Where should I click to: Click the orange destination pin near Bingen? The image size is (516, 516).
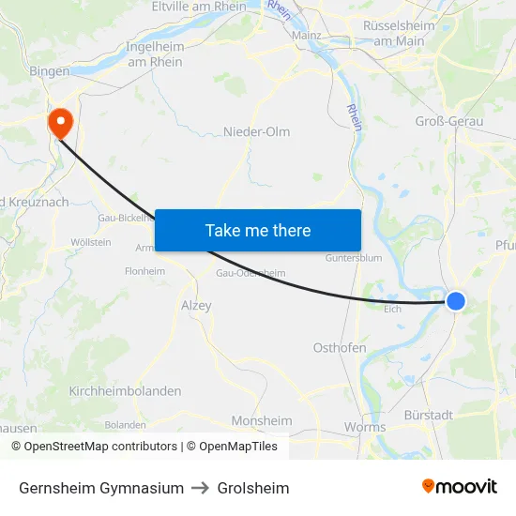pyautogui.click(x=60, y=122)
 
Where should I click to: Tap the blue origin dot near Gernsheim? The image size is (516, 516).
pyautogui.click(x=455, y=300)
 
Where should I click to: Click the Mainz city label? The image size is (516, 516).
pyautogui.click(x=306, y=36)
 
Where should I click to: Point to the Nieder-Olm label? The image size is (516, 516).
pyautogui.click(x=256, y=131)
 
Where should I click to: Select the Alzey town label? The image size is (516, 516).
pyautogui.click(x=196, y=305)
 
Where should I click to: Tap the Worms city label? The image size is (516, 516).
pyautogui.click(x=365, y=427)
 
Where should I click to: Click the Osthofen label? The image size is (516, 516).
pyautogui.click(x=340, y=347)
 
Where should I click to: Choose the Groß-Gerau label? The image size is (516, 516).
pyautogui.click(x=448, y=121)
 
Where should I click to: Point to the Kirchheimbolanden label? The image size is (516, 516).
pyautogui.click(x=125, y=390)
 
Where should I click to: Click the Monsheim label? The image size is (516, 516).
pyautogui.click(x=262, y=420)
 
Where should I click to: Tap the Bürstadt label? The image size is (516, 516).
pyautogui.click(x=428, y=414)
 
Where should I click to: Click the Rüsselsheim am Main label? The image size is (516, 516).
pyautogui.click(x=399, y=33)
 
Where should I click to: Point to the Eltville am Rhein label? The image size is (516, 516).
pyautogui.click(x=199, y=6)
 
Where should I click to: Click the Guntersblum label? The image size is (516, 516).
pyautogui.click(x=353, y=258)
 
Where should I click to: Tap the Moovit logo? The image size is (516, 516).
pyautogui.click(x=460, y=486)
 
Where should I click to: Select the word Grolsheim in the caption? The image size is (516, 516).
pyautogui.click(x=253, y=488)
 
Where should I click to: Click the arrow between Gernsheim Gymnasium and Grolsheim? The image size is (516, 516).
pyautogui.click(x=201, y=488)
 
